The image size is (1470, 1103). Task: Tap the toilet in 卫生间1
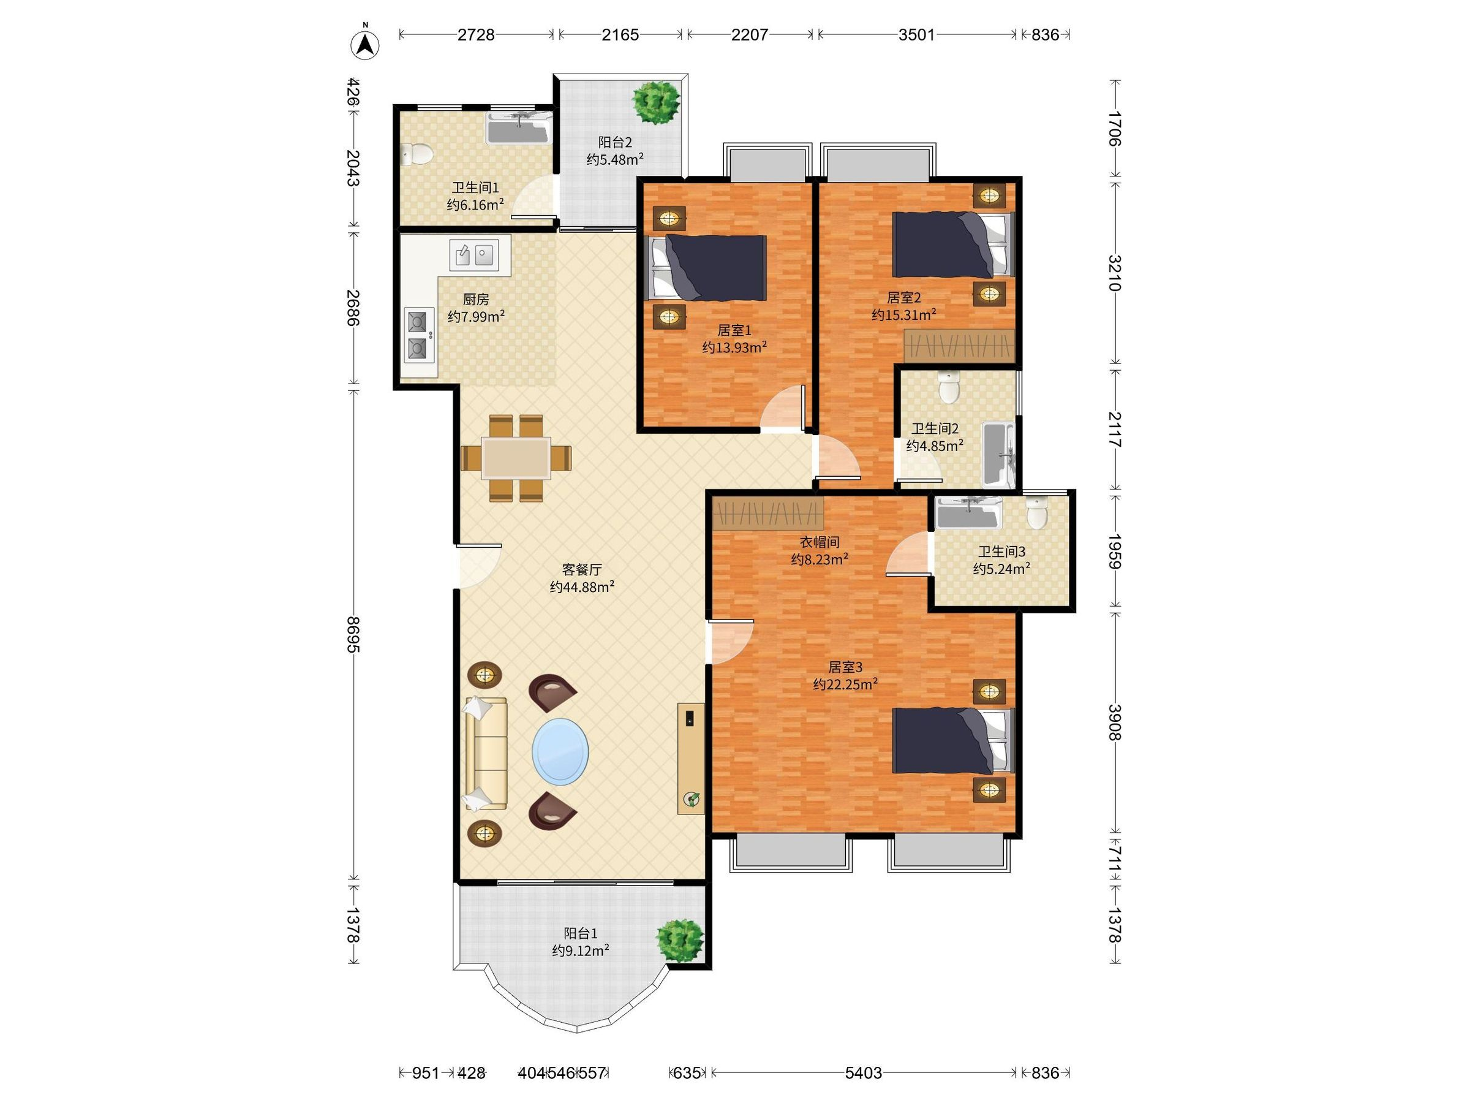417,154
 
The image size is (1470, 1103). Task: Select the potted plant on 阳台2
657,102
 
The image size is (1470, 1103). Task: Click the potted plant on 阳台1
680,939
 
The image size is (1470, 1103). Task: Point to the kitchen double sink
475,254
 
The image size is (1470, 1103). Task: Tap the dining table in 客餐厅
516,458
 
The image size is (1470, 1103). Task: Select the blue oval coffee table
560,751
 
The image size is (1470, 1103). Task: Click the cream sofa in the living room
485,753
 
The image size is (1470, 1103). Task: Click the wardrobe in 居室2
959,346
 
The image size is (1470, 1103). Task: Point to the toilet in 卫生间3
1037,513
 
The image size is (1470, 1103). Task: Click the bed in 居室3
952,741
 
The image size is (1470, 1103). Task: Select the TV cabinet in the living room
690,758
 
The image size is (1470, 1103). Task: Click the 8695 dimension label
353,635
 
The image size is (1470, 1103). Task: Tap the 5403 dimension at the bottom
863,1072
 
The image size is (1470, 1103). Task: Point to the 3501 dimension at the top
916,34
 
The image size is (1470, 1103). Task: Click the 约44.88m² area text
582,587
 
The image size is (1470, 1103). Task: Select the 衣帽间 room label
820,542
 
